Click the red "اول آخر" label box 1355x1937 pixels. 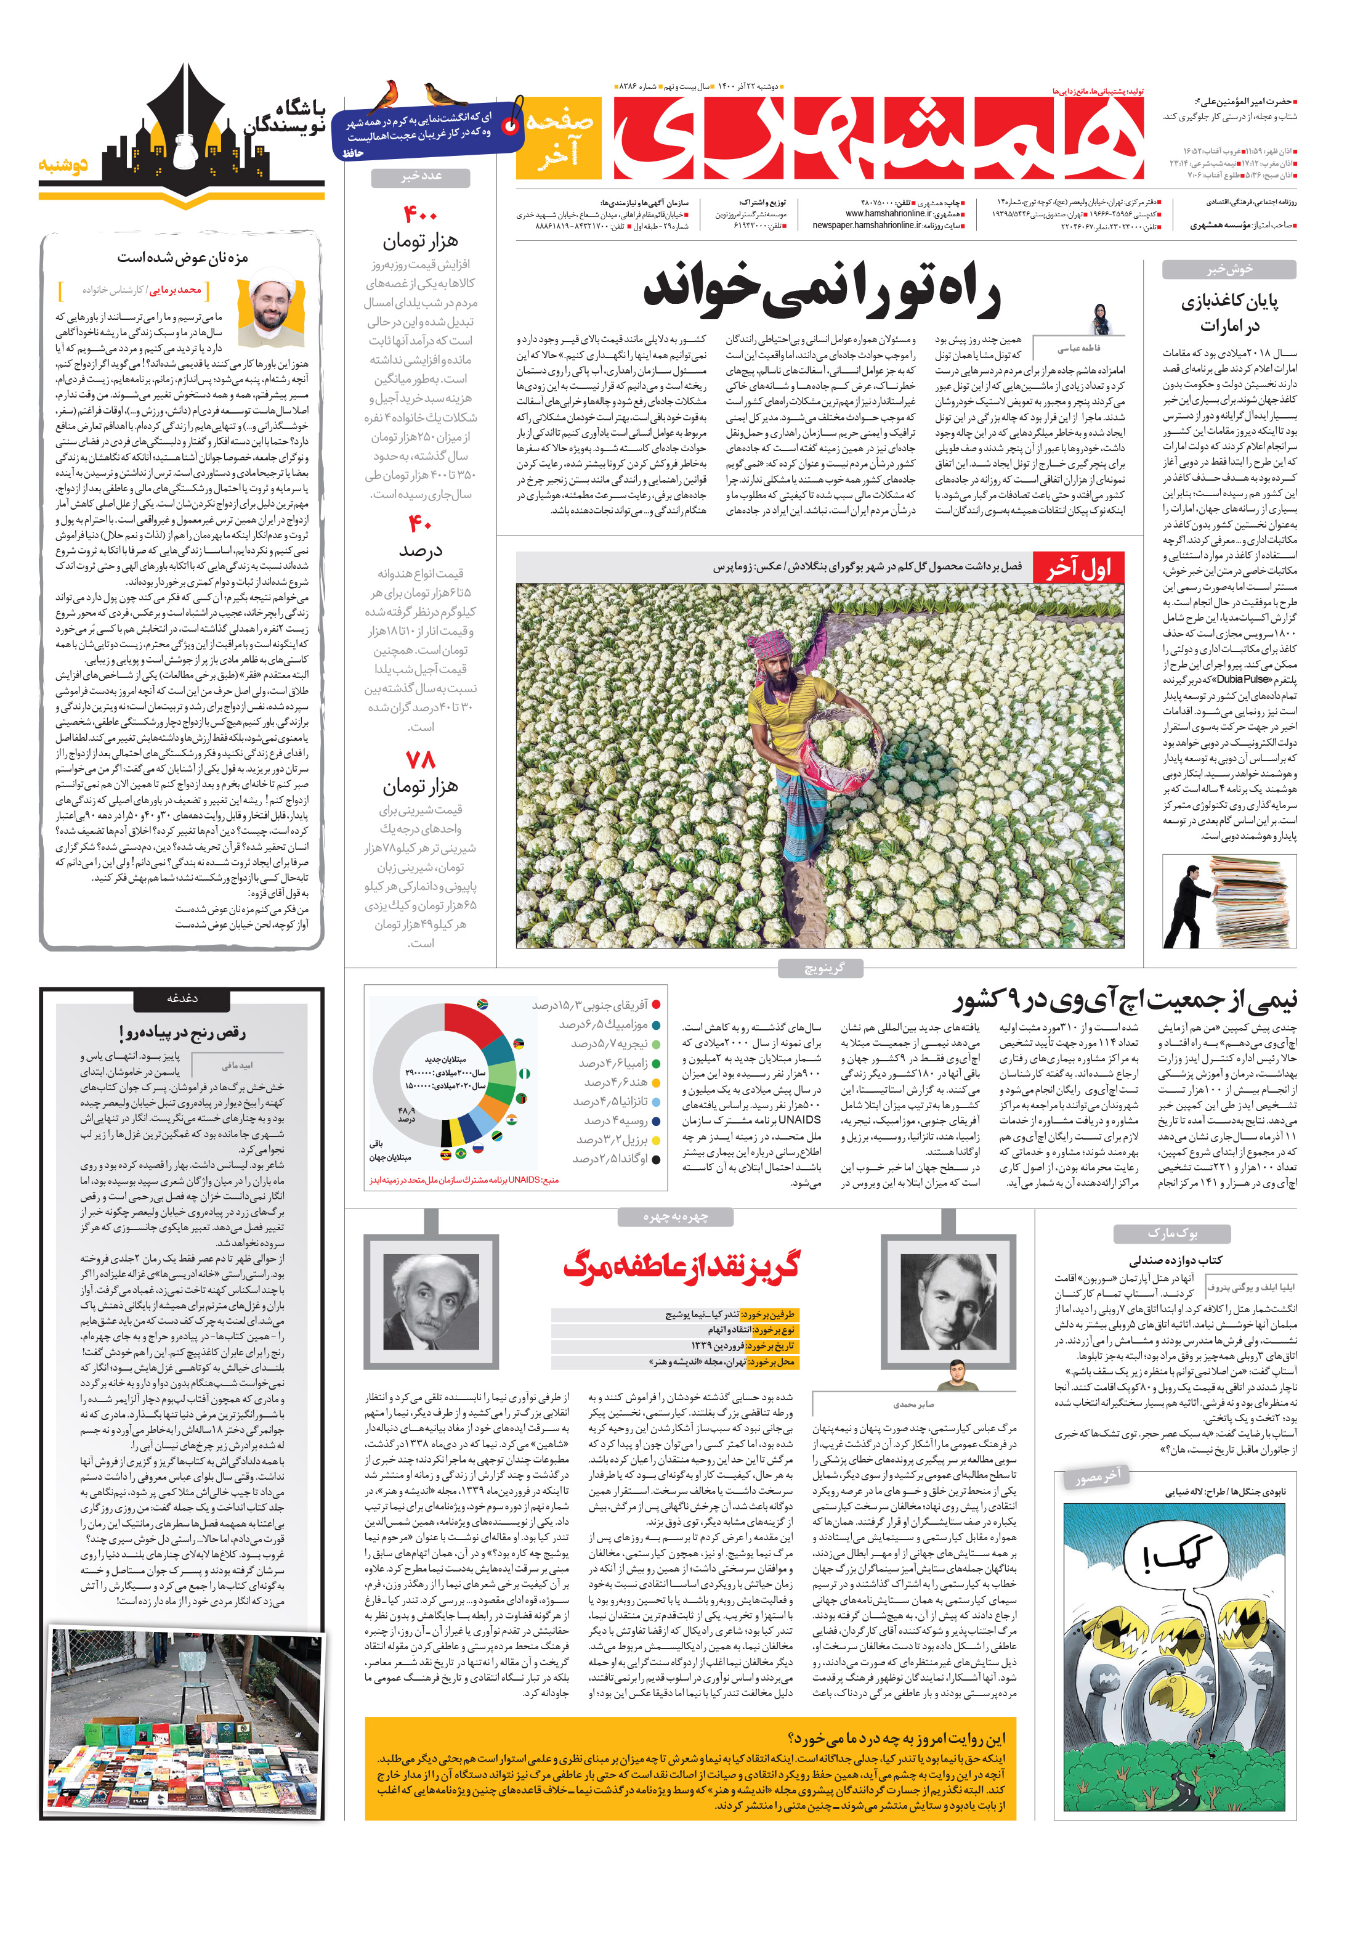point(1078,568)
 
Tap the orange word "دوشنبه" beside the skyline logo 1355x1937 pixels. point(63,165)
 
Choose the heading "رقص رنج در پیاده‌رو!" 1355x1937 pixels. point(182,1032)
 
